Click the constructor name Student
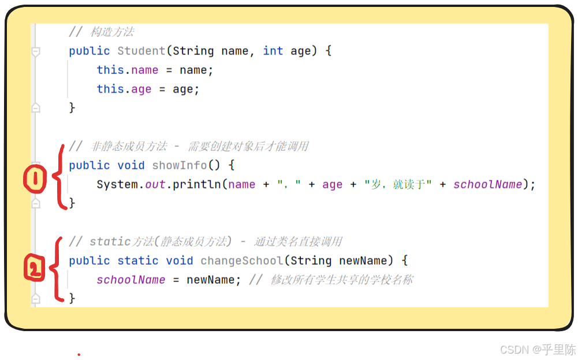[141, 51]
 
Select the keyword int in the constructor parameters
[273, 51]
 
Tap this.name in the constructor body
[127, 70]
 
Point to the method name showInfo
[180, 165]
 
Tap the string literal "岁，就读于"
[398, 184]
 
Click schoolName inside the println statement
[487, 184]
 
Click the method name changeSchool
[242, 261]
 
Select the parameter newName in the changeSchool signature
[363, 261]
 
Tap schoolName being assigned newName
[131, 280]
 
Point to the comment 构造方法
[113, 32]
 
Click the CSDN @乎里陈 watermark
[538, 350]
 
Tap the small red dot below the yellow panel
[79, 354]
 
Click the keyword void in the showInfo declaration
[131, 165]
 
